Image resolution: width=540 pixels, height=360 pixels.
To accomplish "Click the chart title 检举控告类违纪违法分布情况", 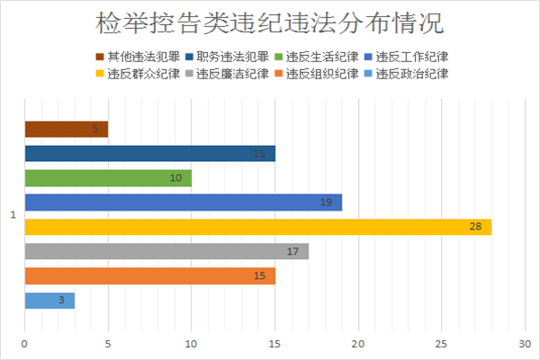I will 270,22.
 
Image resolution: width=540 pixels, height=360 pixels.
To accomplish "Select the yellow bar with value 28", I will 257,227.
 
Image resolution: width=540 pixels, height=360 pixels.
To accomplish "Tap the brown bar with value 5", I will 66,130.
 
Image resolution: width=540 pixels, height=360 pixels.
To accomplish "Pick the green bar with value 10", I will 108,178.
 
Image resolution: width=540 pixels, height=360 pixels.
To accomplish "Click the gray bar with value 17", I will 166,251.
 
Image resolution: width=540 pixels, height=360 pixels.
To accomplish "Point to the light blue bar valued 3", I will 49,300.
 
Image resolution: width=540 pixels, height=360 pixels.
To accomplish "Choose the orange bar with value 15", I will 149,275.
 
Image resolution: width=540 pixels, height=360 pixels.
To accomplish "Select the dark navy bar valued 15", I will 149,154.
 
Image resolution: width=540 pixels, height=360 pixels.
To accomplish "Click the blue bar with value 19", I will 183,202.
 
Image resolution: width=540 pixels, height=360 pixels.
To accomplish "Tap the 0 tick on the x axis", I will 25,344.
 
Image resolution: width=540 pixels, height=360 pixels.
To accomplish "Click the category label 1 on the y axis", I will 13,215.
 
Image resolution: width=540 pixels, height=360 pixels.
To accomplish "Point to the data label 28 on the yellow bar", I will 475,227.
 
